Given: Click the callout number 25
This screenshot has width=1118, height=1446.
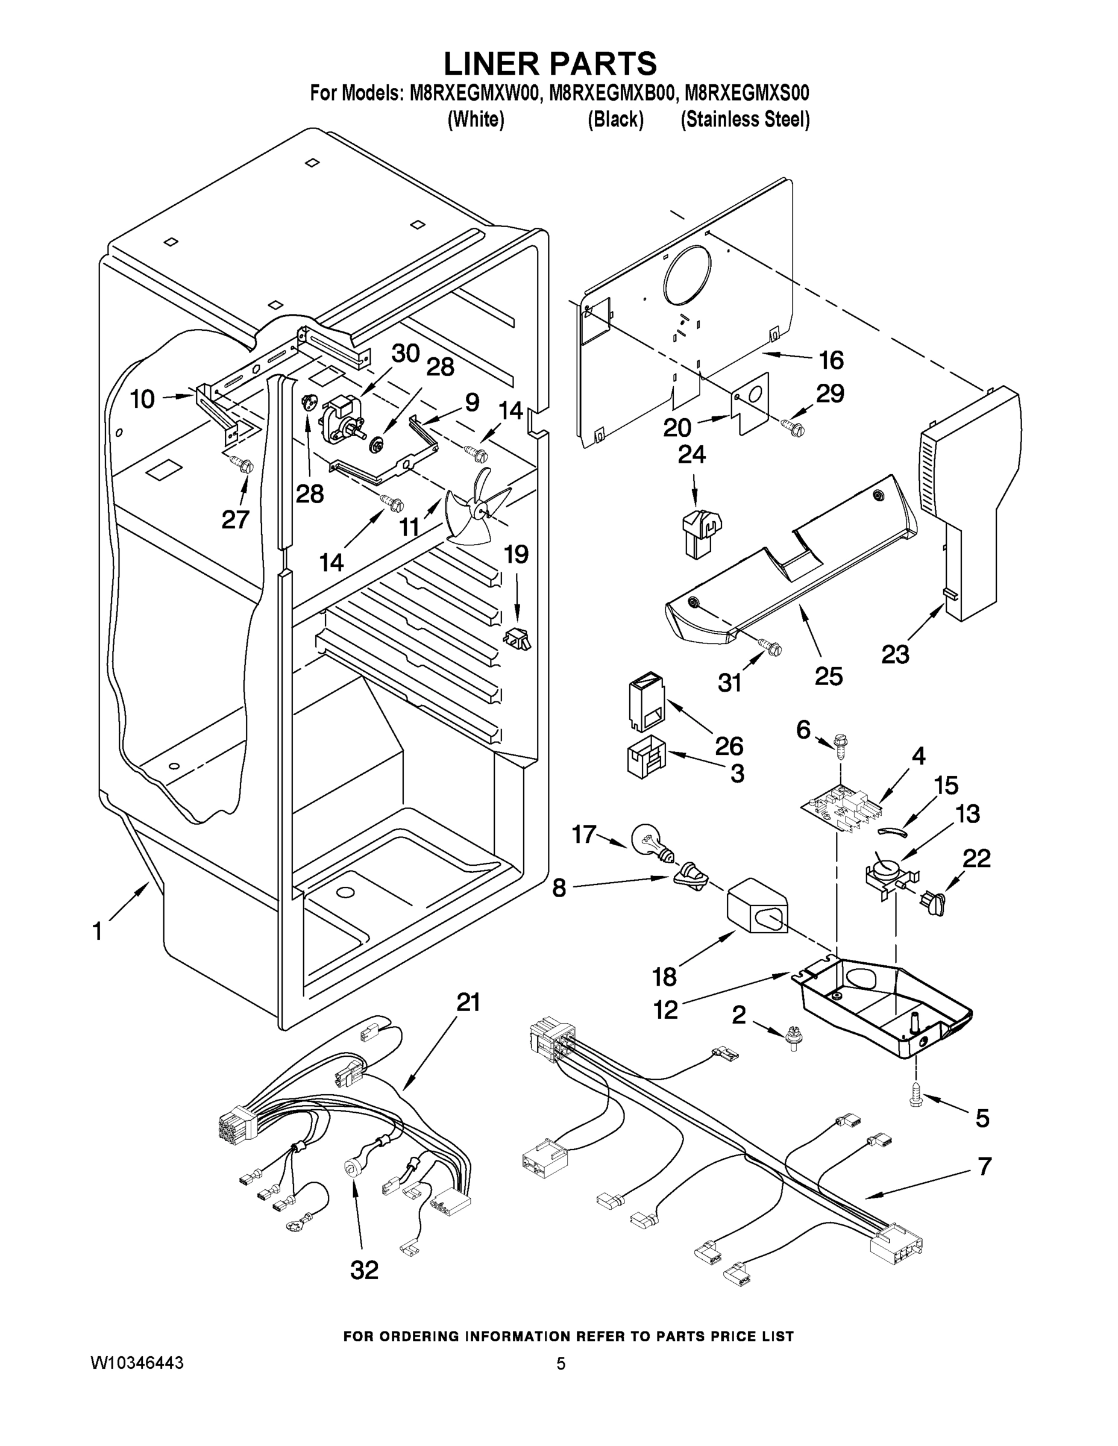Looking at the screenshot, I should pos(829,676).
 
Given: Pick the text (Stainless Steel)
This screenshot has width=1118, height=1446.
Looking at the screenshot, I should pos(745,119).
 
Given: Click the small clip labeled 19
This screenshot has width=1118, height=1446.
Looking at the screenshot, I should pos(518,639).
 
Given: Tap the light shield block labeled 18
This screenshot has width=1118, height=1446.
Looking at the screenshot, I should pos(756,906).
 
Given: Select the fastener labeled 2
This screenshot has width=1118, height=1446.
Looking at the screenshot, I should pos(790,1038).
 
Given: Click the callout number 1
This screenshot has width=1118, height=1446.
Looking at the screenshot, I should pos(98,931).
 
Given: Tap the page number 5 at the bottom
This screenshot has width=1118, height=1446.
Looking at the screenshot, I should pos(561,1363).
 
